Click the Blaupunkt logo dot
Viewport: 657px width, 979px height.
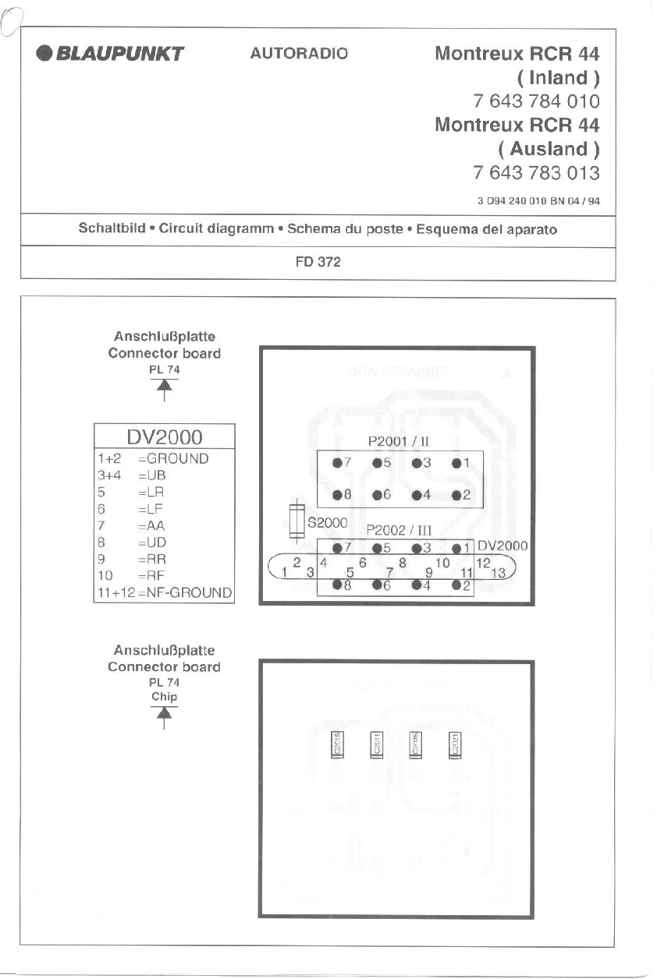(44, 54)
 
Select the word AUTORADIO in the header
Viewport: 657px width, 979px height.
(299, 54)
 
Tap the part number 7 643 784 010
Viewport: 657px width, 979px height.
(536, 101)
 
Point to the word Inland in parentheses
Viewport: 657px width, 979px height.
(558, 78)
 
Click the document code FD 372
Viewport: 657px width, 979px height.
(318, 263)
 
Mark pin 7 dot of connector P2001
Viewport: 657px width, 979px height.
(337, 463)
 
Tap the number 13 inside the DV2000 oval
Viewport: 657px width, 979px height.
(499, 573)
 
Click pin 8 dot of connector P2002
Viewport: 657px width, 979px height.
(337, 585)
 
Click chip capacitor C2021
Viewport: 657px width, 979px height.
(454, 744)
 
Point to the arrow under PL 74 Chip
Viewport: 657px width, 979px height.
(164, 718)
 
